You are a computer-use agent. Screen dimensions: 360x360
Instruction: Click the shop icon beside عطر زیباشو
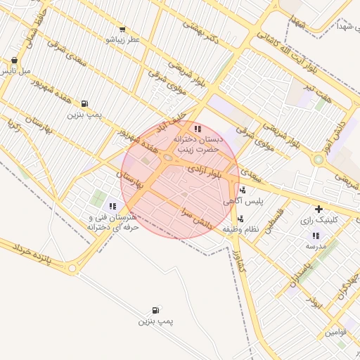click(x=122, y=30)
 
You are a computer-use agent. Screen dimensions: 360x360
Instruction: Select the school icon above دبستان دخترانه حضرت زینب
click(x=198, y=129)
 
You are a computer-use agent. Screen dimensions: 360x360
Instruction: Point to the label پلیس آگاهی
click(x=247, y=201)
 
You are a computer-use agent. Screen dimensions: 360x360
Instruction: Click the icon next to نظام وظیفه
click(x=240, y=219)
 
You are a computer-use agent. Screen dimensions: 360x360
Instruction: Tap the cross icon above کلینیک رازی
click(x=319, y=209)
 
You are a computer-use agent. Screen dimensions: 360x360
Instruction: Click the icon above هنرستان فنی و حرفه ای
click(x=112, y=206)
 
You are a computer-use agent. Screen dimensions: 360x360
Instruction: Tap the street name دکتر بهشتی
click(x=201, y=32)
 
